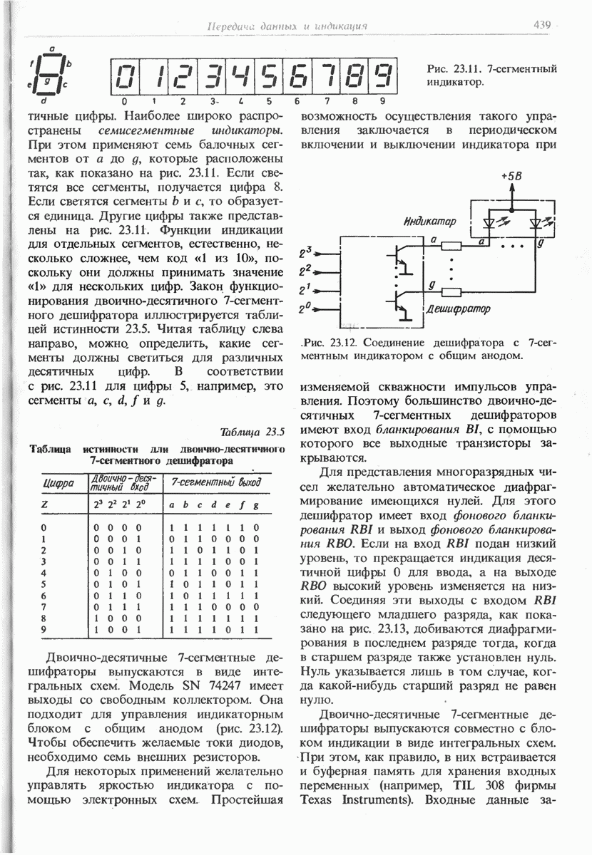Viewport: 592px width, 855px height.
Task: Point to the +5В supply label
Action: click(x=511, y=175)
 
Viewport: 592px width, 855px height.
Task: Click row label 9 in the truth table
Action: click(x=45, y=629)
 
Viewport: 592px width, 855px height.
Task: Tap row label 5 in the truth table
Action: click(x=45, y=583)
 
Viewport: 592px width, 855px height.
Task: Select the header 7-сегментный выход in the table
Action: click(x=212, y=484)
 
